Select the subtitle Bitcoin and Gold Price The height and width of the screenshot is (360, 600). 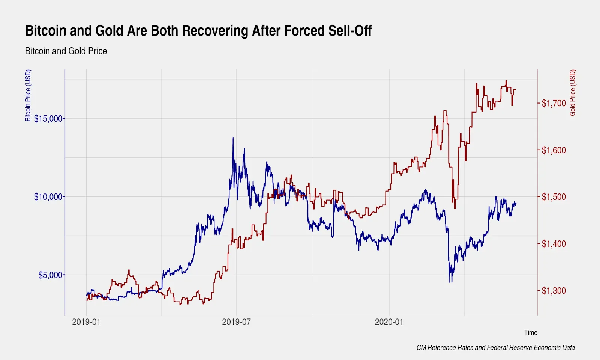pyautogui.click(x=66, y=51)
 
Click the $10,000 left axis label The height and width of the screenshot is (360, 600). pyautogui.click(x=48, y=197)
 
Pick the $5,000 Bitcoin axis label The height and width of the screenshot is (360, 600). pyautogui.click(x=51, y=275)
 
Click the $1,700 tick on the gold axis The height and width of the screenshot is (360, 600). pyautogui.click(x=553, y=103)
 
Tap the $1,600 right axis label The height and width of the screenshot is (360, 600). pyautogui.click(x=553, y=150)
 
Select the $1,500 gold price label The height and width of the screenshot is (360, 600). pyautogui.click(x=553, y=197)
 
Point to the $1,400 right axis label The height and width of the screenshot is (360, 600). pyautogui.click(x=553, y=244)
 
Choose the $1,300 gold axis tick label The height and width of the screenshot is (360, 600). pyautogui.click(x=553, y=291)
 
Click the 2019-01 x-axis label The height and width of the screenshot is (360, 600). pyautogui.click(x=86, y=322)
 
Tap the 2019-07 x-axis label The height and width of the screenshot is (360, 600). pyautogui.click(x=236, y=322)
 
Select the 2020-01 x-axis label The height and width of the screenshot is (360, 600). pyautogui.click(x=389, y=322)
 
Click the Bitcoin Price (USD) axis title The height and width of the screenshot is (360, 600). pyautogui.click(x=28, y=96)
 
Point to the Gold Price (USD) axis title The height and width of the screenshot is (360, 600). pyautogui.click(x=572, y=93)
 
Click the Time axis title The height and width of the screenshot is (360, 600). pyautogui.click(x=530, y=332)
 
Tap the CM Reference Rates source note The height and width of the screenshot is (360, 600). pyautogui.click(x=495, y=348)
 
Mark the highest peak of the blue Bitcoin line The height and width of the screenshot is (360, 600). pyautogui.click(x=233, y=138)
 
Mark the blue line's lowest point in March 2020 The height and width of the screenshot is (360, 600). pyautogui.click(x=449, y=282)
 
